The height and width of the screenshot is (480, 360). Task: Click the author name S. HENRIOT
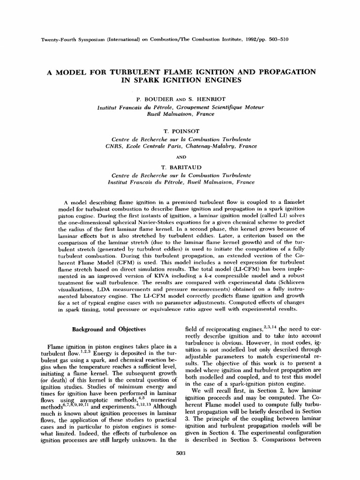click(x=202, y=100)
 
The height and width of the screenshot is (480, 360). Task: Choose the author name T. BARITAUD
click(x=180, y=167)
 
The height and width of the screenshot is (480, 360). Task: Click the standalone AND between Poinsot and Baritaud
click(x=180, y=157)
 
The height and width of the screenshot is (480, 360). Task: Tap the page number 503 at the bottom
click(x=180, y=453)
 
